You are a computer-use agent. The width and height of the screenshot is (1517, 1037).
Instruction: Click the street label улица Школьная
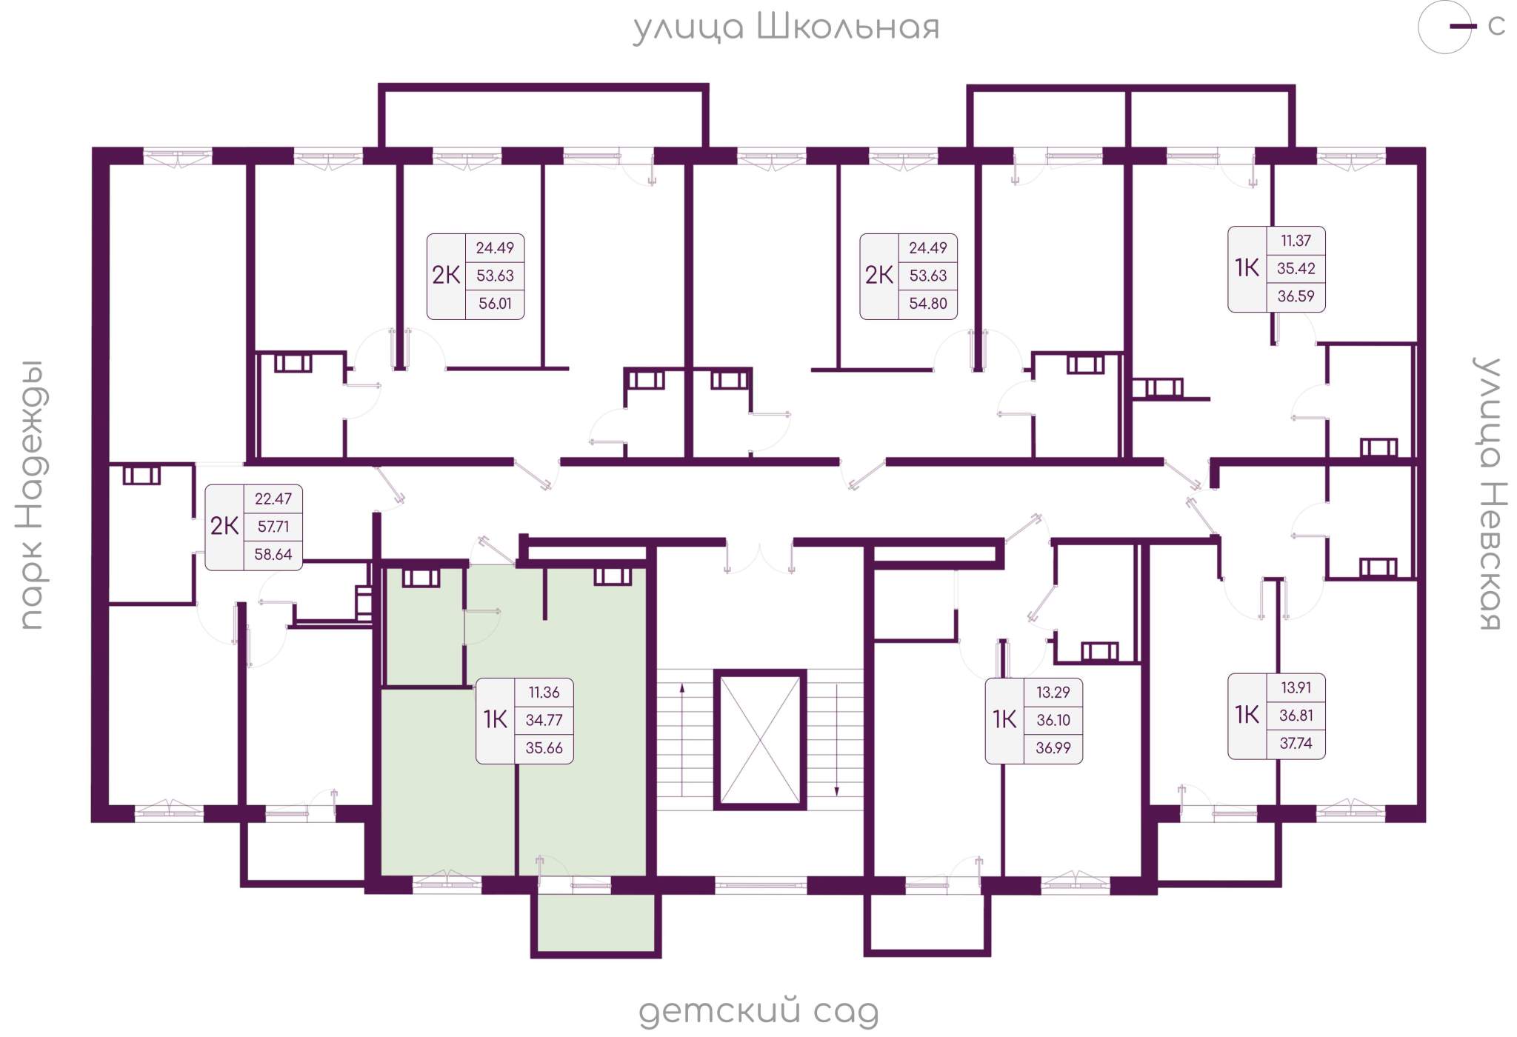tap(786, 27)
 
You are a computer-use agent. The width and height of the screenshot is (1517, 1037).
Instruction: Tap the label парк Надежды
tap(32, 495)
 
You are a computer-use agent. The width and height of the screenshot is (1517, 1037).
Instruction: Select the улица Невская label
tap(1489, 493)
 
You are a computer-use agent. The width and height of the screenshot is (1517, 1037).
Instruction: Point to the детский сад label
tap(758, 1012)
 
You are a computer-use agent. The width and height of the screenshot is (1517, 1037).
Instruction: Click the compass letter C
tap(1496, 26)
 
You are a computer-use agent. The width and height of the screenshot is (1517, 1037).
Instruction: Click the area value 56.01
tap(495, 304)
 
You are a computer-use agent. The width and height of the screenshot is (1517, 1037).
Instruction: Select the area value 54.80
tap(928, 304)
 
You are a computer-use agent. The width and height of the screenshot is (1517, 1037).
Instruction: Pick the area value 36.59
tap(1296, 296)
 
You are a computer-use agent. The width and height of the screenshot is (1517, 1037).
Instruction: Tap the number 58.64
tap(273, 554)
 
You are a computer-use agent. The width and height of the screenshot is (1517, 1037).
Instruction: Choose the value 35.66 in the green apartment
tap(544, 748)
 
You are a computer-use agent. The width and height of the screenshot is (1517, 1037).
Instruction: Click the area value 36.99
tap(1053, 748)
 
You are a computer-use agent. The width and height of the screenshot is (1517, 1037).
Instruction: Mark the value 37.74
tap(1296, 743)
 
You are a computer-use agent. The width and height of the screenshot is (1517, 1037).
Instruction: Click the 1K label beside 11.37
tap(1247, 268)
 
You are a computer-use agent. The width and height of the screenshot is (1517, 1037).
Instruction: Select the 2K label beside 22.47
tap(224, 526)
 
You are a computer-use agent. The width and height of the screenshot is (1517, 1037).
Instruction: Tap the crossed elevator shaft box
tap(760, 739)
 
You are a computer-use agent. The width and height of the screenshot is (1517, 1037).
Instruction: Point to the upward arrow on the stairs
tap(682, 740)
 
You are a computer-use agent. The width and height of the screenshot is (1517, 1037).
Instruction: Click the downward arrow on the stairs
tap(837, 740)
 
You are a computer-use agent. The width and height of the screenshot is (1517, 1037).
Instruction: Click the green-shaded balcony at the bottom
tap(596, 922)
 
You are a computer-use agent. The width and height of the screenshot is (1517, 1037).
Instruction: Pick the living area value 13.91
tap(1296, 687)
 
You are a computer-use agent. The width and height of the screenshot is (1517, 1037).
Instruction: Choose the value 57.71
tap(273, 527)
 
